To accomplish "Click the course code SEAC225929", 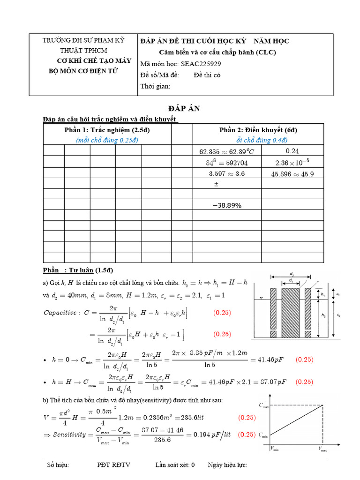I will click(x=196, y=63).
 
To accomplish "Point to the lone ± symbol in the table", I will click(x=216, y=185).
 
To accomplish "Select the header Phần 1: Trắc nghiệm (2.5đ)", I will click(x=107, y=130).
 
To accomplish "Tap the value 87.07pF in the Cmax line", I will click(x=271, y=382).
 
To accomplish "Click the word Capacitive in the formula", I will click(x=60, y=313).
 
